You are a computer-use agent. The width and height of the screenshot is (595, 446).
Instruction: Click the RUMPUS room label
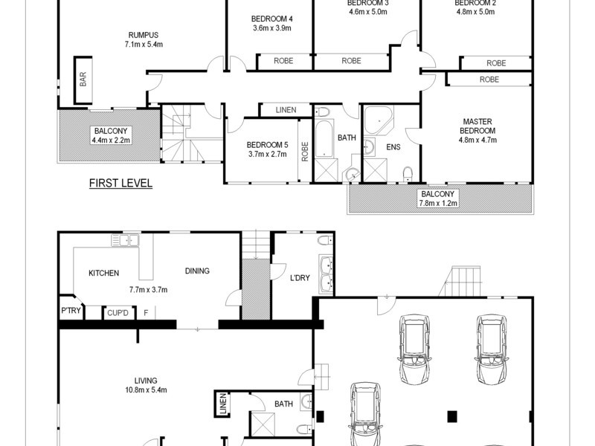143,34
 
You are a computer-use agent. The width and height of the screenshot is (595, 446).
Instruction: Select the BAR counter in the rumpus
83,80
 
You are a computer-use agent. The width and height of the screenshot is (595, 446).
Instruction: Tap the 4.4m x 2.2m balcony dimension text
111,139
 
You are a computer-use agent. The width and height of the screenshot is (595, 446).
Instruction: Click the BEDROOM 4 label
271,19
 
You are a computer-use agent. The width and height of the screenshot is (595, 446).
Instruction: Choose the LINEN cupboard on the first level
286,110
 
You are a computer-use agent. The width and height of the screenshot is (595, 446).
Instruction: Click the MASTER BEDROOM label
478,126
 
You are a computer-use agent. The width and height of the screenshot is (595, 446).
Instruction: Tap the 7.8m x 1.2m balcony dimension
438,202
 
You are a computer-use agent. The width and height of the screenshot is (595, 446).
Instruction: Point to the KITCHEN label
103,273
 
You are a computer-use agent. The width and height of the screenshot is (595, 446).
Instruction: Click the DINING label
197,271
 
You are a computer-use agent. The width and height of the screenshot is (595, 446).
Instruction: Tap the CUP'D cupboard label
118,312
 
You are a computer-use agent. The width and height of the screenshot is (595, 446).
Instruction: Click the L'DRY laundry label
300,279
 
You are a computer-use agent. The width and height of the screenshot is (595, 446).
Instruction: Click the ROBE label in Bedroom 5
305,152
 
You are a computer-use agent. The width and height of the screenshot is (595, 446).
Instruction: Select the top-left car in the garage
414,347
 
